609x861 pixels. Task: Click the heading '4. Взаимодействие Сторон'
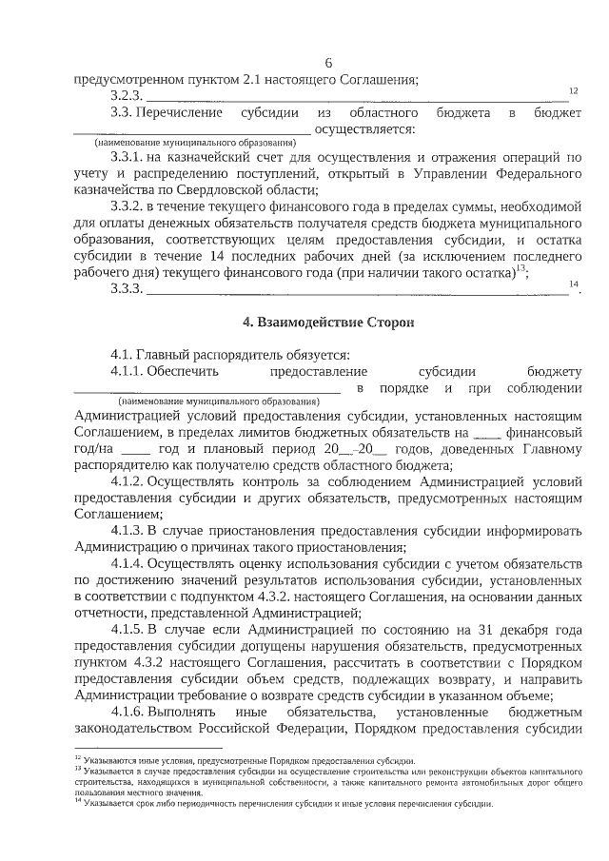[328, 322]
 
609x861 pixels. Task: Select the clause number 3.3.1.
[128, 157]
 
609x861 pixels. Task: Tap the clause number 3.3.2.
[128, 205]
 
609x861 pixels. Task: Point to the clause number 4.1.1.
[128, 370]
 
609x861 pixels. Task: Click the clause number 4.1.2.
[128, 481]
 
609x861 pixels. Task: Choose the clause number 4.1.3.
[128, 530]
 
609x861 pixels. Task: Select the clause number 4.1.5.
[128, 630]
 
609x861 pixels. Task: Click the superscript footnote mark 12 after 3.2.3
[574, 90]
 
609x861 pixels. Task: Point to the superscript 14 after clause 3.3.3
[573, 284]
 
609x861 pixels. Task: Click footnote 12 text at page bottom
[247, 761]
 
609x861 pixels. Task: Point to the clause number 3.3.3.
[127, 289]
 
